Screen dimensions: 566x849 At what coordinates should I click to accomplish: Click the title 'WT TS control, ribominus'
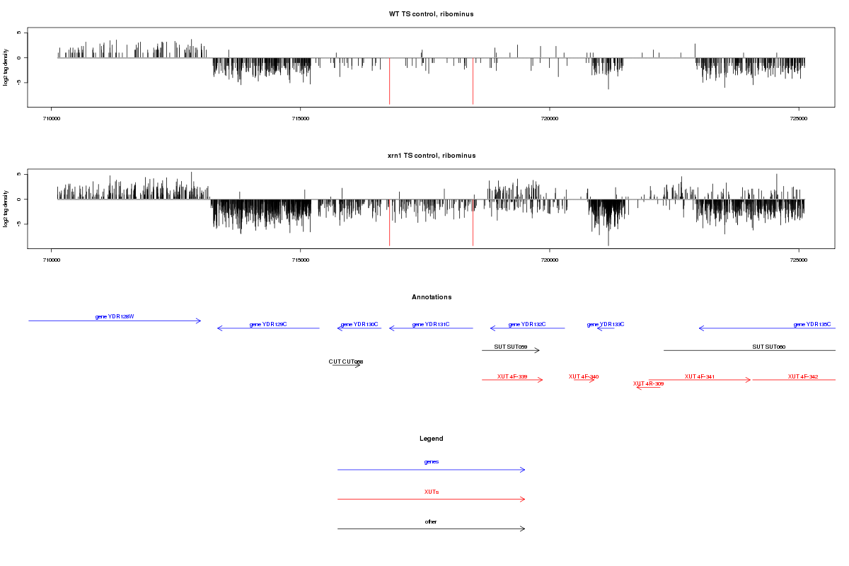click(431, 14)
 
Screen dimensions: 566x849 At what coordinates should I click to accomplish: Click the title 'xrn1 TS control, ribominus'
click(431, 155)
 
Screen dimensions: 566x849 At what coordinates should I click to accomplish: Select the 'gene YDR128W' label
click(115, 316)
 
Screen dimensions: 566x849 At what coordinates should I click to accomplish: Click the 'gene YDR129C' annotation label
click(268, 324)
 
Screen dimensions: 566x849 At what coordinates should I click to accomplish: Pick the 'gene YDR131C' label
click(431, 324)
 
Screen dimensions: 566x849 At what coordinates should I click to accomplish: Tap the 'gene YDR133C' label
click(606, 324)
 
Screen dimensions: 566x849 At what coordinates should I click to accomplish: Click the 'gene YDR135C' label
click(812, 324)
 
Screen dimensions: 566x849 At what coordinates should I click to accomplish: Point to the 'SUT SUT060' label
click(769, 347)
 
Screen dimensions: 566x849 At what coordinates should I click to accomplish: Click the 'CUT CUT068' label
click(346, 362)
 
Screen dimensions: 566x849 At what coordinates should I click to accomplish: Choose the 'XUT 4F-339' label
click(512, 376)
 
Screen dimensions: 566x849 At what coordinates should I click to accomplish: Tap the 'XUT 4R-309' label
click(648, 383)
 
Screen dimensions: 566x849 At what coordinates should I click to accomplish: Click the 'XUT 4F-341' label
click(700, 376)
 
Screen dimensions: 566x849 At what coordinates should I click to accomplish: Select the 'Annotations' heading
click(432, 297)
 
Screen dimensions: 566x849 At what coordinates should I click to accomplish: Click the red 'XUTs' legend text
click(432, 491)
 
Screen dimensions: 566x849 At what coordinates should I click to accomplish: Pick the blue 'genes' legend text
click(432, 461)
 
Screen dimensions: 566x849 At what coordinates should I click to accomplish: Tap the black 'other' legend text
click(432, 521)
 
